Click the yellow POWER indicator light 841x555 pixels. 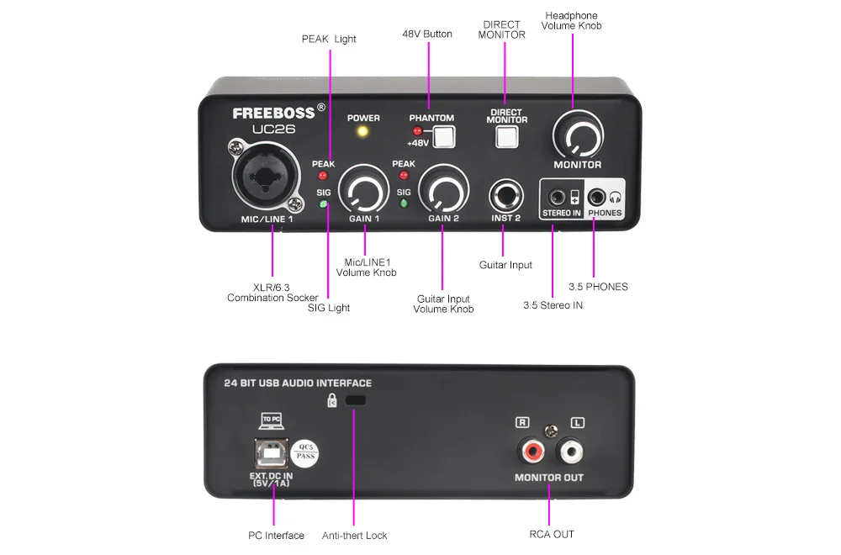click(x=363, y=131)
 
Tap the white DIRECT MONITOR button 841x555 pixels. click(x=507, y=137)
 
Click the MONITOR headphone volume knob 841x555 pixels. click(x=579, y=135)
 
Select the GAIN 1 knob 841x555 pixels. click(x=363, y=189)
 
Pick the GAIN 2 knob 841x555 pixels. click(x=443, y=189)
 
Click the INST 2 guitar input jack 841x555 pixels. click(x=505, y=196)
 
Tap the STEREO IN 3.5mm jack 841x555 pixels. click(x=558, y=198)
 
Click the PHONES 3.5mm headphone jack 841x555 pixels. click(x=596, y=198)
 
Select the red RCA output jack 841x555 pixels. click(x=532, y=451)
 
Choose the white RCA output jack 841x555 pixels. click(x=570, y=451)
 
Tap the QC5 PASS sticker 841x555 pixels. click(x=305, y=453)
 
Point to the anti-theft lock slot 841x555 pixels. click(x=356, y=400)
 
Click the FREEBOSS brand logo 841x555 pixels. click(x=274, y=114)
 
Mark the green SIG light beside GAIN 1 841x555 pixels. click(x=323, y=203)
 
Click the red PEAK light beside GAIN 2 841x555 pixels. click(x=404, y=176)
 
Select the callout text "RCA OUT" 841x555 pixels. click(x=552, y=534)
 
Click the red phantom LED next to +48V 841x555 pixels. click(x=417, y=131)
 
